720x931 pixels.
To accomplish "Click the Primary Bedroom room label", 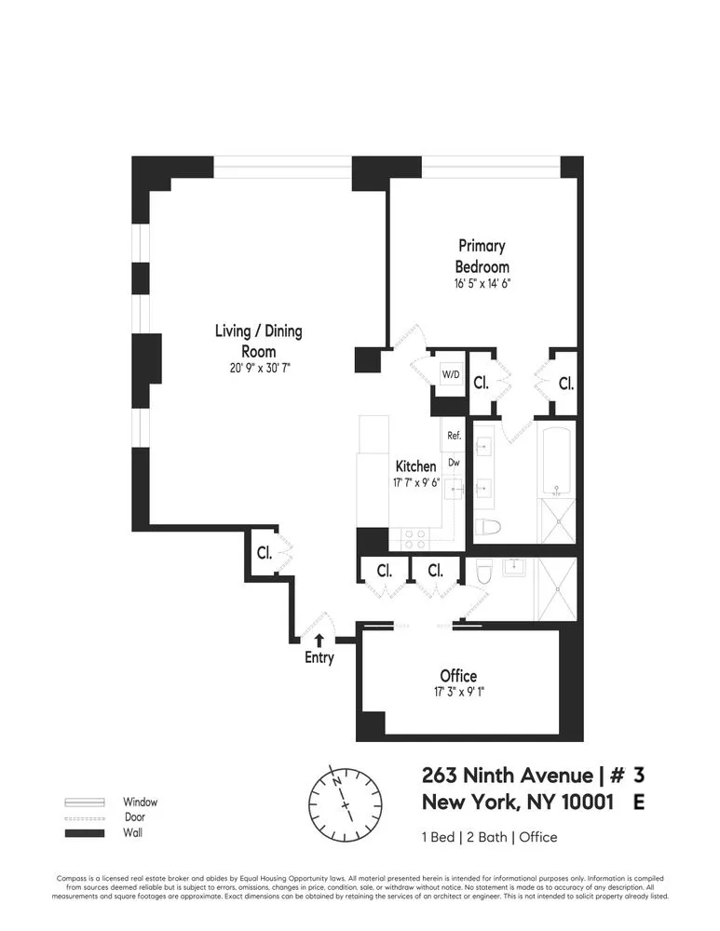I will [482, 256].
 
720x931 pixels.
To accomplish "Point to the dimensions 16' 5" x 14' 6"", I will [482, 284].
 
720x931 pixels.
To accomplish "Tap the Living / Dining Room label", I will [258, 341].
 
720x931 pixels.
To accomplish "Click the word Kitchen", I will [415, 465].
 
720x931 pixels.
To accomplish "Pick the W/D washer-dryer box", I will [451, 374].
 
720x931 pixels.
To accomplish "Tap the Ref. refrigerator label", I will [455, 435].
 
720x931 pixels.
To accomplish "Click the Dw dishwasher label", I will [455, 461].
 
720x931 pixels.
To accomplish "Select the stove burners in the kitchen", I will [414, 539].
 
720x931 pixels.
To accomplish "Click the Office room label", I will [458, 676].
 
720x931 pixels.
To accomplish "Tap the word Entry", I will [318, 658].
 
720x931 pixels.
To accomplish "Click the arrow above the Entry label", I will [319, 640].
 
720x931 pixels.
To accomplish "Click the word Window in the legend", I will [140, 802].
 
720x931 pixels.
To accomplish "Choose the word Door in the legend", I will [134, 817].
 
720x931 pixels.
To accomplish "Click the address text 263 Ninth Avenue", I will [507, 776].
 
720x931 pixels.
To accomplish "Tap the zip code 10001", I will [587, 803].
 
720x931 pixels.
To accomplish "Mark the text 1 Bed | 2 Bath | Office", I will [489, 837].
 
